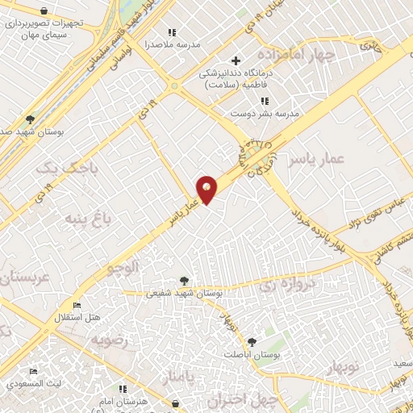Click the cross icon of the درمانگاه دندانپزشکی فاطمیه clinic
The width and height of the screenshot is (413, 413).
point(236,60)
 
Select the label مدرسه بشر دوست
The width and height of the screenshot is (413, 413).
point(265,114)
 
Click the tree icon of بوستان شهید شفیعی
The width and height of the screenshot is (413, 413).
point(186,281)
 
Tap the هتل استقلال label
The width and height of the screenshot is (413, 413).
point(77,317)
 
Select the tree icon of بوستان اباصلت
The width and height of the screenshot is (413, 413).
point(252,342)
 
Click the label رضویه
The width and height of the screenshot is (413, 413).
point(109,340)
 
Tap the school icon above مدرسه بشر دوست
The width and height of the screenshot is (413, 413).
point(265,101)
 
